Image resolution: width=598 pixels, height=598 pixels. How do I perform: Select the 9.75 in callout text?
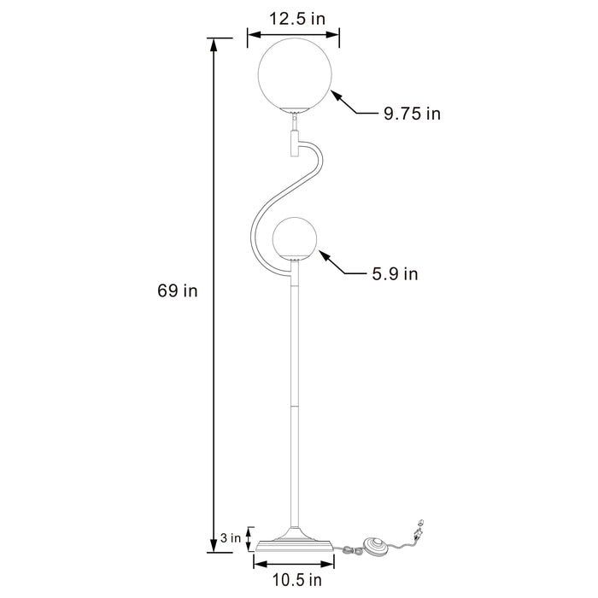412,114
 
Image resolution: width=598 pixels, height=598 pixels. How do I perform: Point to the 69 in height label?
178,290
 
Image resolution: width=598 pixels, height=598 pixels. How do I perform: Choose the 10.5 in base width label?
292,582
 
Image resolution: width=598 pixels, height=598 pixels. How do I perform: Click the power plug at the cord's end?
419,529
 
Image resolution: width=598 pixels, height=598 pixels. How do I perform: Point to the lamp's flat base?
292,542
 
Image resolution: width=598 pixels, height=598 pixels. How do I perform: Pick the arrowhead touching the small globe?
323,254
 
